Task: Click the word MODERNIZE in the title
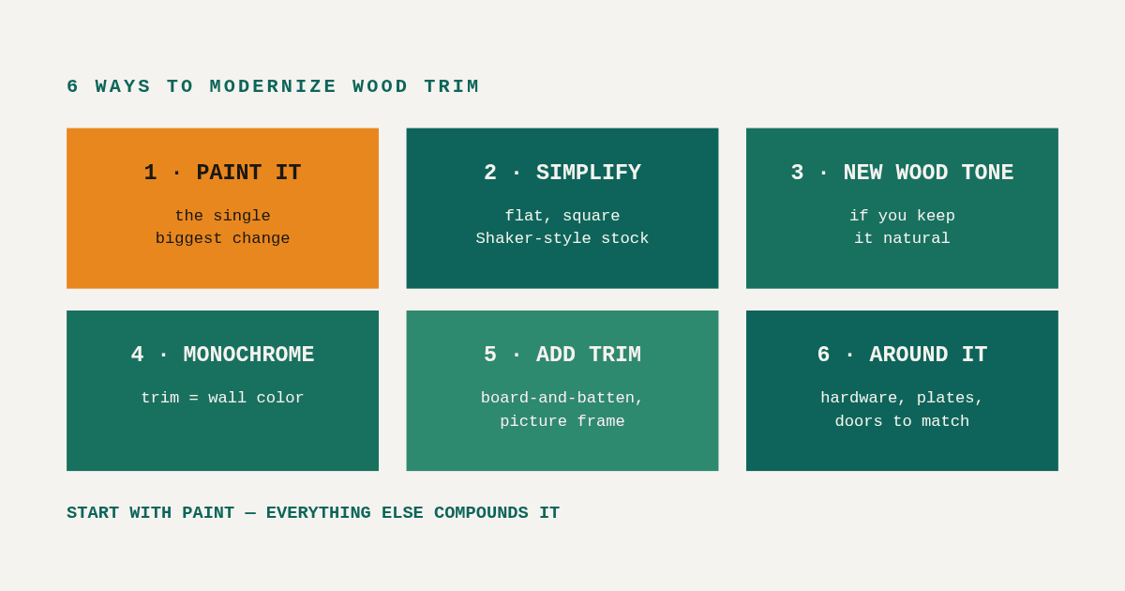273,86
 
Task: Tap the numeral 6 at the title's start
73,86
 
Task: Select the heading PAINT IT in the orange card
248,173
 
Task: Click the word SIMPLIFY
589,173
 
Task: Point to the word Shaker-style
533,238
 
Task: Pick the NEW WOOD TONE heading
928,173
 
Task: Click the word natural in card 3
917,238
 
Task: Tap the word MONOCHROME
248,355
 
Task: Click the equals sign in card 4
193,398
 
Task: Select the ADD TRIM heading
589,355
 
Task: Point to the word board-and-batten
558,398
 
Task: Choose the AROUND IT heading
928,355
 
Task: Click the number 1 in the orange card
150,173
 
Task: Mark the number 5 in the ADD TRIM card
490,355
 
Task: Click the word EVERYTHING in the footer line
319,513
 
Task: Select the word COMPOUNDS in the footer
481,513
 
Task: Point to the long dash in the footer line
250,513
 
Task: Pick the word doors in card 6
859,421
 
